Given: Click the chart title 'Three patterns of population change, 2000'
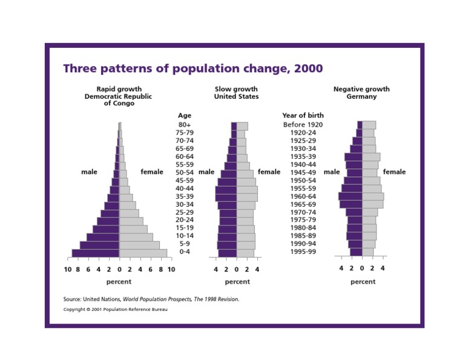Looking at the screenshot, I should click(193, 68).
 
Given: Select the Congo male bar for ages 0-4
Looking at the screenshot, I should click(96, 253).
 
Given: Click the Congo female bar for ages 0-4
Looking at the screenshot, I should click(143, 253).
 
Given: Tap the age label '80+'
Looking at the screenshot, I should click(185, 125).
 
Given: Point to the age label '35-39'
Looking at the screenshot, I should click(185, 196).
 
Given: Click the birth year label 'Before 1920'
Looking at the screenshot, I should click(303, 125).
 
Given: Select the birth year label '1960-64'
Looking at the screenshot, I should click(303, 196).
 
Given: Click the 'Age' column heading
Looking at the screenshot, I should click(185, 115).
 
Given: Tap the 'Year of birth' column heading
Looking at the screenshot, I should click(303, 115).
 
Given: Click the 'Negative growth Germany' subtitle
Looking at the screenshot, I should click(361, 93).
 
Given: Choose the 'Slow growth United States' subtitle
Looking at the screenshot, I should click(236, 93).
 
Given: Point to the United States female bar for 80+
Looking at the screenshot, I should click(242, 126).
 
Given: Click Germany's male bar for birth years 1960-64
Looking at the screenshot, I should click(350, 196).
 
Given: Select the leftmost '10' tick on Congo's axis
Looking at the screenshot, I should click(68, 269).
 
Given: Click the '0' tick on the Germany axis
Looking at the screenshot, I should click(362, 268).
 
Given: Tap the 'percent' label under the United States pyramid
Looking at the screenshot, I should click(237, 282).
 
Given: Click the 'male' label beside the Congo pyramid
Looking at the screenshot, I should click(89, 172).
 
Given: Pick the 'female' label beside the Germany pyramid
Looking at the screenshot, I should click(394, 172).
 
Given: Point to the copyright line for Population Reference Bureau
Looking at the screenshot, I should click(115, 310).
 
